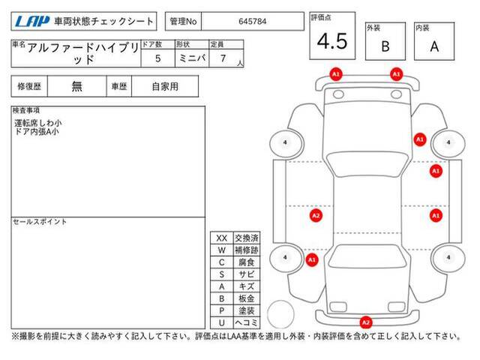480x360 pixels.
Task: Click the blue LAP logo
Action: tap(32, 21)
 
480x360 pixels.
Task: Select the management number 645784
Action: tap(252, 22)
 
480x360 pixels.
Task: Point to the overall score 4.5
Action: tap(332, 41)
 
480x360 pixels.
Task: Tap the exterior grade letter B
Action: tap(385, 46)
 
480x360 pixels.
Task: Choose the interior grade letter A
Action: tap(434, 46)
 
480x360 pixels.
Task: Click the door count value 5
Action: tap(157, 58)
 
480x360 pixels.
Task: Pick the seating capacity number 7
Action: tap(223, 58)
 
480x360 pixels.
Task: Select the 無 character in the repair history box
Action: tap(76, 86)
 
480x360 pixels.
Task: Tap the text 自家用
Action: tap(165, 86)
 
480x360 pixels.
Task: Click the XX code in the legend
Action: tap(222, 238)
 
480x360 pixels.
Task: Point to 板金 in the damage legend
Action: tap(247, 298)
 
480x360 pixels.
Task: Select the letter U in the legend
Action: tap(222, 322)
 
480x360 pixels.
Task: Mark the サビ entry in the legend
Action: tap(247, 274)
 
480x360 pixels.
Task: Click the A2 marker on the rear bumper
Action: tap(366, 322)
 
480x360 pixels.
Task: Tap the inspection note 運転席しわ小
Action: tap(38, 123)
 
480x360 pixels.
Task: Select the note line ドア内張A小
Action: tap(37, 132)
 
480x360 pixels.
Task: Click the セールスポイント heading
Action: tap(40, 222)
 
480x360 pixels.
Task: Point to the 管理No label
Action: tap(183, 22)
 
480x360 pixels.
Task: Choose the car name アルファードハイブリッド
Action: tap(82, 53)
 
